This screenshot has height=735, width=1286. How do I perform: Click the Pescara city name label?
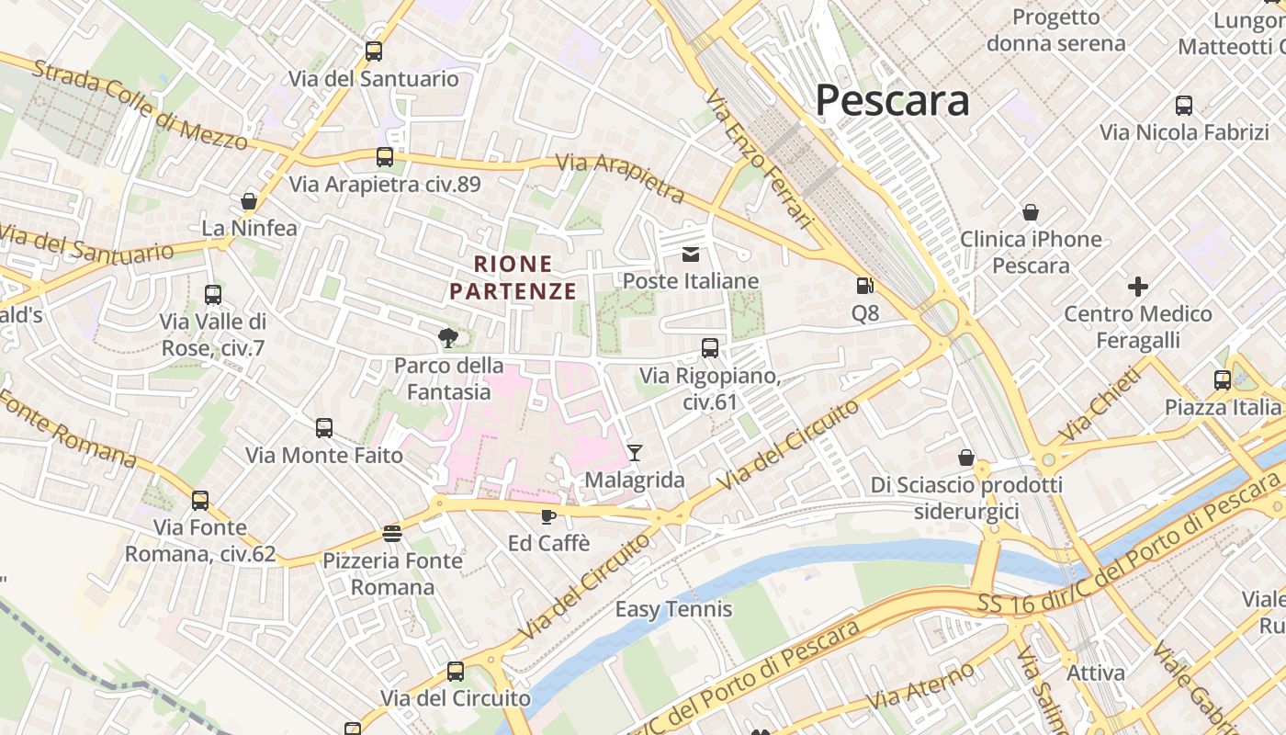(x=892, y=100)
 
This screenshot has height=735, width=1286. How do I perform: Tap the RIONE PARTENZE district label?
(x=513, y=277)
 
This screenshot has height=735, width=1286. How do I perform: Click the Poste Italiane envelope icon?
(x=691, y=254)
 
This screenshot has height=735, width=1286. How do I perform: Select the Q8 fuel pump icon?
(x=864, y=287)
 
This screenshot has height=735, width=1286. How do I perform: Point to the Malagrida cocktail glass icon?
(x=634, y=452)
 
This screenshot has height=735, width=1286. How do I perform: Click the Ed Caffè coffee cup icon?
(x=548, y=516)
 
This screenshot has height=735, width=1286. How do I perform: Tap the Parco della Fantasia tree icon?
(x=448, y=338)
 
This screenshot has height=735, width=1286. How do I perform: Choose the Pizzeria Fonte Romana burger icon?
(x=392, y=534)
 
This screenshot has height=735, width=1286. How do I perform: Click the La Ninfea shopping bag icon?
(x=249, y=200)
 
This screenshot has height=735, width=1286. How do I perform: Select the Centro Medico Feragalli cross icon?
(x=1138, y=287)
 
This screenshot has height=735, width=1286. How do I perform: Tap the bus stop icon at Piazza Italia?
(x=1223, y=380)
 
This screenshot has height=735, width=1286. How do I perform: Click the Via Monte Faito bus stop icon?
(x=324, y=428)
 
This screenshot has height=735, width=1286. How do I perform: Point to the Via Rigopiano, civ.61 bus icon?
(x=710, y=348)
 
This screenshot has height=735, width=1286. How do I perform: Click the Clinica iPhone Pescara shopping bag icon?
(x=1031, y=212)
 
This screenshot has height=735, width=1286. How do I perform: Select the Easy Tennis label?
(x=673, y=609)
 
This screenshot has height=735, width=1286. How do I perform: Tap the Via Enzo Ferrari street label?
(x=761, y=158)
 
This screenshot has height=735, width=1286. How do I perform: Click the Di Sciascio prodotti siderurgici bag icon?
(x=966, y=457)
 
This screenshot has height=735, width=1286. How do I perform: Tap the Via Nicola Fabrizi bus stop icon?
(x=1184, y=106)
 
